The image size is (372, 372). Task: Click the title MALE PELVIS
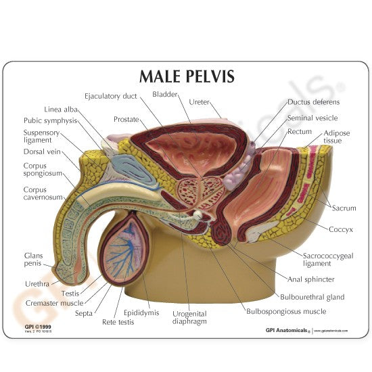click(x=186, y=76)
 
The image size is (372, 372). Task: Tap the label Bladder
click(x=165, y=94)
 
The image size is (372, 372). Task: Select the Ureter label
click(x=200, y=102)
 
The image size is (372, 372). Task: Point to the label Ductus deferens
click(x=313, y=102)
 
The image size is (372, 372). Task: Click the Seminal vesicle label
click(x=312, y=117)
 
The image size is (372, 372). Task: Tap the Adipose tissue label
click(x=336, y=138)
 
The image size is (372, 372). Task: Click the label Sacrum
click(x=344, y=208)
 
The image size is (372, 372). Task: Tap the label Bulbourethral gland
click(x=312, y=297)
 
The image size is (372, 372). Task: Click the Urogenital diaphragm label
click(x=189, y=318)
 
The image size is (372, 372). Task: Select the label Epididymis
click(x=140, y=313)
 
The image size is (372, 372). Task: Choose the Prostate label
click(x=126, y=119)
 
